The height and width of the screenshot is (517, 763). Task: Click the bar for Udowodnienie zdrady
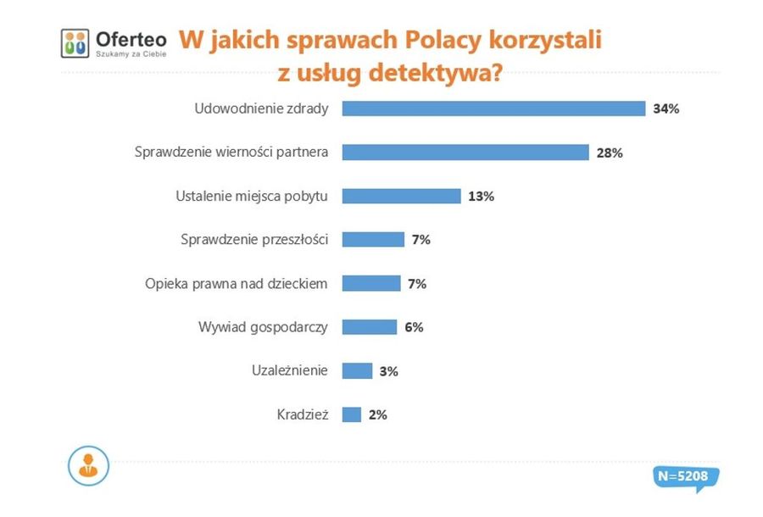tap(493, 108)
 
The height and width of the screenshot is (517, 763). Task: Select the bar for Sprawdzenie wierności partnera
tap(465, 153)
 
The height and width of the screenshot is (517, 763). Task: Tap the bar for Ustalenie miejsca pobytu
tap(401, 196)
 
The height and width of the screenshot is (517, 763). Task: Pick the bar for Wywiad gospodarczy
tap(369, 327)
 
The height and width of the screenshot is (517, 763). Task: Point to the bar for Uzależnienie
tap(357, 370)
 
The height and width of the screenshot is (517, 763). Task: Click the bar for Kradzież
tap(352, 414)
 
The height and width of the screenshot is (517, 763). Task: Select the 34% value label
tap(666, 108)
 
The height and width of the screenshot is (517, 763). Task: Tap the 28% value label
tap(610, 153)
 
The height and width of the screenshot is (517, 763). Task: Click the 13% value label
tap(480, 196)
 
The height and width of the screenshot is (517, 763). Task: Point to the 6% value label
tap(414, 327)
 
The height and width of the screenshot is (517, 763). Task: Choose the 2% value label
tap(377, 414)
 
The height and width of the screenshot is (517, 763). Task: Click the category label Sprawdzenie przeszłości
tap(254, 240)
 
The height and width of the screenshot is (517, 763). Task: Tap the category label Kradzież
tap(302, 414)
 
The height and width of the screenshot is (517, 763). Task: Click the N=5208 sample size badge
tap(682, 477)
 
